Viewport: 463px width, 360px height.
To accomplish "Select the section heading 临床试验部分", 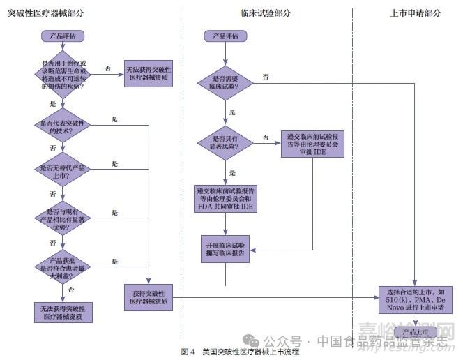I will click(x=265, y=13).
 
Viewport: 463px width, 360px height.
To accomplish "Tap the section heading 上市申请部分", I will click(x=416, y=13).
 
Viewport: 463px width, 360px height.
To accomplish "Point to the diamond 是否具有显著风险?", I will click(x=226, y=142).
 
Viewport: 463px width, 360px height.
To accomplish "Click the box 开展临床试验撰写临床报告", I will click(x=226, y=252).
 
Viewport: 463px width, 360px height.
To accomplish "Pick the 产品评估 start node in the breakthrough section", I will click(x=63, y=36).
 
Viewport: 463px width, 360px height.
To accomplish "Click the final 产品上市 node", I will click(x=416, y=333).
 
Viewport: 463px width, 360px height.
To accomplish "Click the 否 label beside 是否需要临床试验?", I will click(x=266, y=76).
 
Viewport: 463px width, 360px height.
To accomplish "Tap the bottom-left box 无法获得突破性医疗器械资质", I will click(x=63, y=312).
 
